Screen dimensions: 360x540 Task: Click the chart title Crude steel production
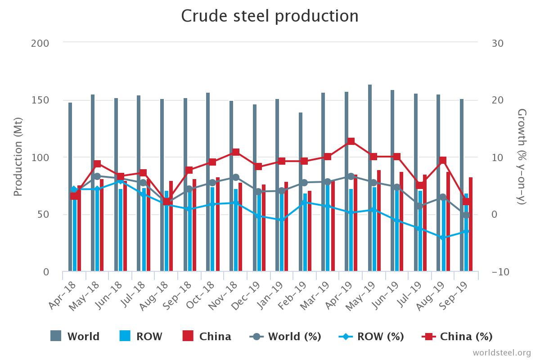270,16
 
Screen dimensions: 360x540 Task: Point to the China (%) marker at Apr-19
351,141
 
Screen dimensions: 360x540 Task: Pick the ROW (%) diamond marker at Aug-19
443,238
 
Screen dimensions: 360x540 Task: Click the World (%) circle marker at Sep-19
466,215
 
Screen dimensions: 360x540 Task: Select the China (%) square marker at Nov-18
236,152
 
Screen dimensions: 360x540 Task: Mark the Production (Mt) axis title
18,157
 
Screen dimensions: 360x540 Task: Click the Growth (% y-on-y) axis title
522,157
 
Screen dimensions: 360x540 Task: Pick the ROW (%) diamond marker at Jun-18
121,181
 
